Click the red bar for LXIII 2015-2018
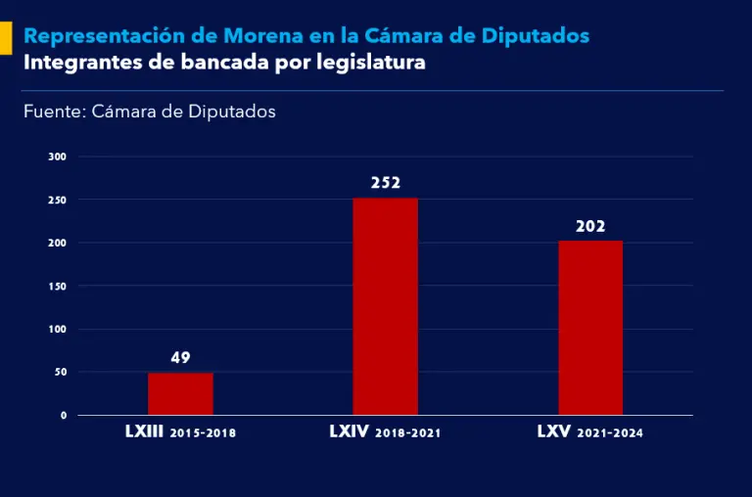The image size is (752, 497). [180, 393]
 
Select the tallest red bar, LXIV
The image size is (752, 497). [385, 306]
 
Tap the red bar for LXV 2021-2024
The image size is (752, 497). [590, 328]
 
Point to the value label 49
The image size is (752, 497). [180, 358]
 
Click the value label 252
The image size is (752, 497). [386, 183]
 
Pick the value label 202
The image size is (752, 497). [590, 226]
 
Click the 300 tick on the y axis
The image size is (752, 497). [58, 157]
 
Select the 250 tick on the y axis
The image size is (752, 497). [58, 200]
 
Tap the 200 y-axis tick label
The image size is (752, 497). [58, 243]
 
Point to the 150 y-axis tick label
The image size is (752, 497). [58, 286]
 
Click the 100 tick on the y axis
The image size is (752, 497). [58, 329]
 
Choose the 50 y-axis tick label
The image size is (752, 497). [61, 372]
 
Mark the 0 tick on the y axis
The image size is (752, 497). [64, 415]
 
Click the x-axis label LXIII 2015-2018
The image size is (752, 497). [180, 431]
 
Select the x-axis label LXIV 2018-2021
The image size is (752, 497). [385, 431]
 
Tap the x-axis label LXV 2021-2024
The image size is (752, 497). [590, 431]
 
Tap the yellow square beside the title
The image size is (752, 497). [5, 37]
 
